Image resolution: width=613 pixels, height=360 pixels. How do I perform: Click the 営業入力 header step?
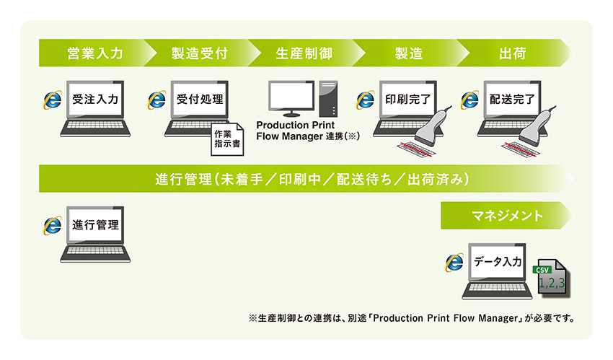[94, 53]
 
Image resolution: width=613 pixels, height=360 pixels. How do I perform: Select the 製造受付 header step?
[199, 53]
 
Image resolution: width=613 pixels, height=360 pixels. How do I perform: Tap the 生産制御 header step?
[303, 53]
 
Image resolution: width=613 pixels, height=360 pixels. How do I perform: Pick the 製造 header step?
[407, 53]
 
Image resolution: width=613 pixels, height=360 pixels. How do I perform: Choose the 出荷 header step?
[511, 53]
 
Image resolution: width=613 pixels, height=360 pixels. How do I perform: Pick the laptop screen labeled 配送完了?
[511, 100]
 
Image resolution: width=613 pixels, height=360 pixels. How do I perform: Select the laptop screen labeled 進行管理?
[94, 225]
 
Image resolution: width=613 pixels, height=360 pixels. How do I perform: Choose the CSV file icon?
[552, 281]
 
